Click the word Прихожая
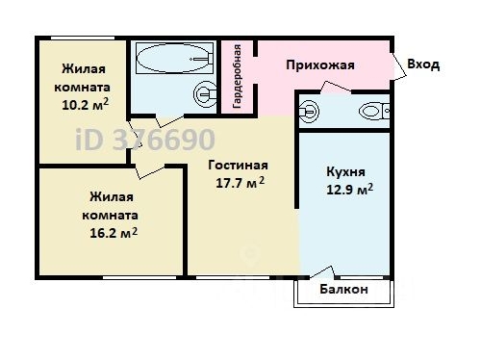pyautogui.click(x=320, y=65)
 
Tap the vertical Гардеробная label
pyautogui.click(x=238, y=72)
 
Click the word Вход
pyautogui.click(x=423, y=65)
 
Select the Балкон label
pyautogui.click(x=343, y=289)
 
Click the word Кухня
pyautogui.click(x=343, y=170)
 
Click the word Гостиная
pyautogui.click(x=238, y=165)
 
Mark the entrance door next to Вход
pyautogui.click(x=397, y=65)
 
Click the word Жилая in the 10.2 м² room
pyautogui.click(x=83, y=68)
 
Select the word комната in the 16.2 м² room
pyautogui.click(x=108, y=216)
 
